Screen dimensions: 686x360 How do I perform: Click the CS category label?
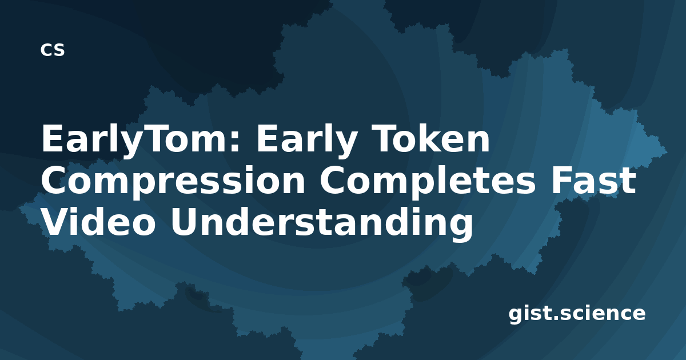pyautogui.click(x=53, y=50)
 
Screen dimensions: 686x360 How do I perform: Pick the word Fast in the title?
pyautogui.click(x=593, y=181)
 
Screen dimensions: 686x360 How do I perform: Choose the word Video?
pyautogui.click(x=98, y=222)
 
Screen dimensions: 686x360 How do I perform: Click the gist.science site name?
pyautogui.click(x=577, y=314)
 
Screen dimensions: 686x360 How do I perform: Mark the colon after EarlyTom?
pyautogui.click(x=235, y=142)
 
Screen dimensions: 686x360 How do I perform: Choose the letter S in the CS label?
pyautogui.click(x=59, y=50)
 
